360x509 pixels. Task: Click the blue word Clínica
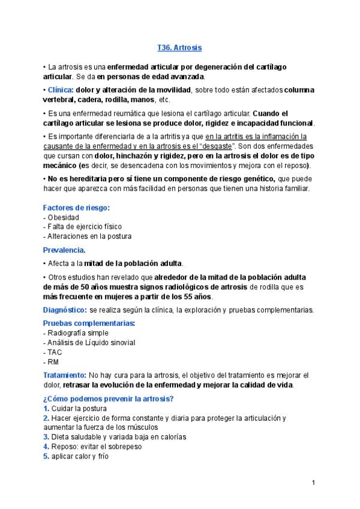click(x=60, y=90)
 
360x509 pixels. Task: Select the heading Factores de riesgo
click(x=76, y=208)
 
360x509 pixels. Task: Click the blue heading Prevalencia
click(x=64, y=250)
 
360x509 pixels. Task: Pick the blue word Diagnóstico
click(x=65, y=310)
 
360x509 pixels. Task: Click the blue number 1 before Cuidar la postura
click(x=46, y=409)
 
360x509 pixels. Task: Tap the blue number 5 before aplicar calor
click(x=46, y=456)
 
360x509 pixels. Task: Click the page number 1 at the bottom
click(x=314, y=483)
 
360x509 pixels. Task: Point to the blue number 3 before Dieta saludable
click(x=46, y=436)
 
